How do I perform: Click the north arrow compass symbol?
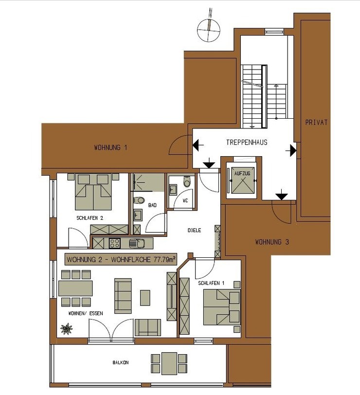click(x=209, y=29)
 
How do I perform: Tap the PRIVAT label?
click(x=316, y=123)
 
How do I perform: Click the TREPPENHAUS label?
click(x=247, y=143)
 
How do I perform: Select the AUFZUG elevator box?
click(x=242, y=181)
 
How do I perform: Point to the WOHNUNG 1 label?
click(x=110, y=147)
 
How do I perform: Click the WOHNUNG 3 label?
click(x=272, y=242)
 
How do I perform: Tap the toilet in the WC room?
click(x=187, y=181)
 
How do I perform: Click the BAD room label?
click(x=152, y=205)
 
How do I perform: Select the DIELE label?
click(x=194, y=230)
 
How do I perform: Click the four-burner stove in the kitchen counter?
click(x=115, y=243)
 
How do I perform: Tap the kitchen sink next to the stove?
click(x=137, y=243)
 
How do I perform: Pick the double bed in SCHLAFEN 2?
click(x=93, y=192)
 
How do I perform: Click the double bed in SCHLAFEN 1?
click(x=222, y=307)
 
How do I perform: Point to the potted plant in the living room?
click(x=67, y=329)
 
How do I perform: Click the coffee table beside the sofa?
click(x=145, y=298)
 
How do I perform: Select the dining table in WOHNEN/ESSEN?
click(x=75, y=288)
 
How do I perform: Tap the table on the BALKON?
click(x=169, y=363)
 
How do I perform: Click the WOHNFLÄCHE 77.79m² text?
click(x=144, y=259)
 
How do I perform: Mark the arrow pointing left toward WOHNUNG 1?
click(x=198, y=145)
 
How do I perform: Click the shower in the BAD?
click(x=148, y=182)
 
